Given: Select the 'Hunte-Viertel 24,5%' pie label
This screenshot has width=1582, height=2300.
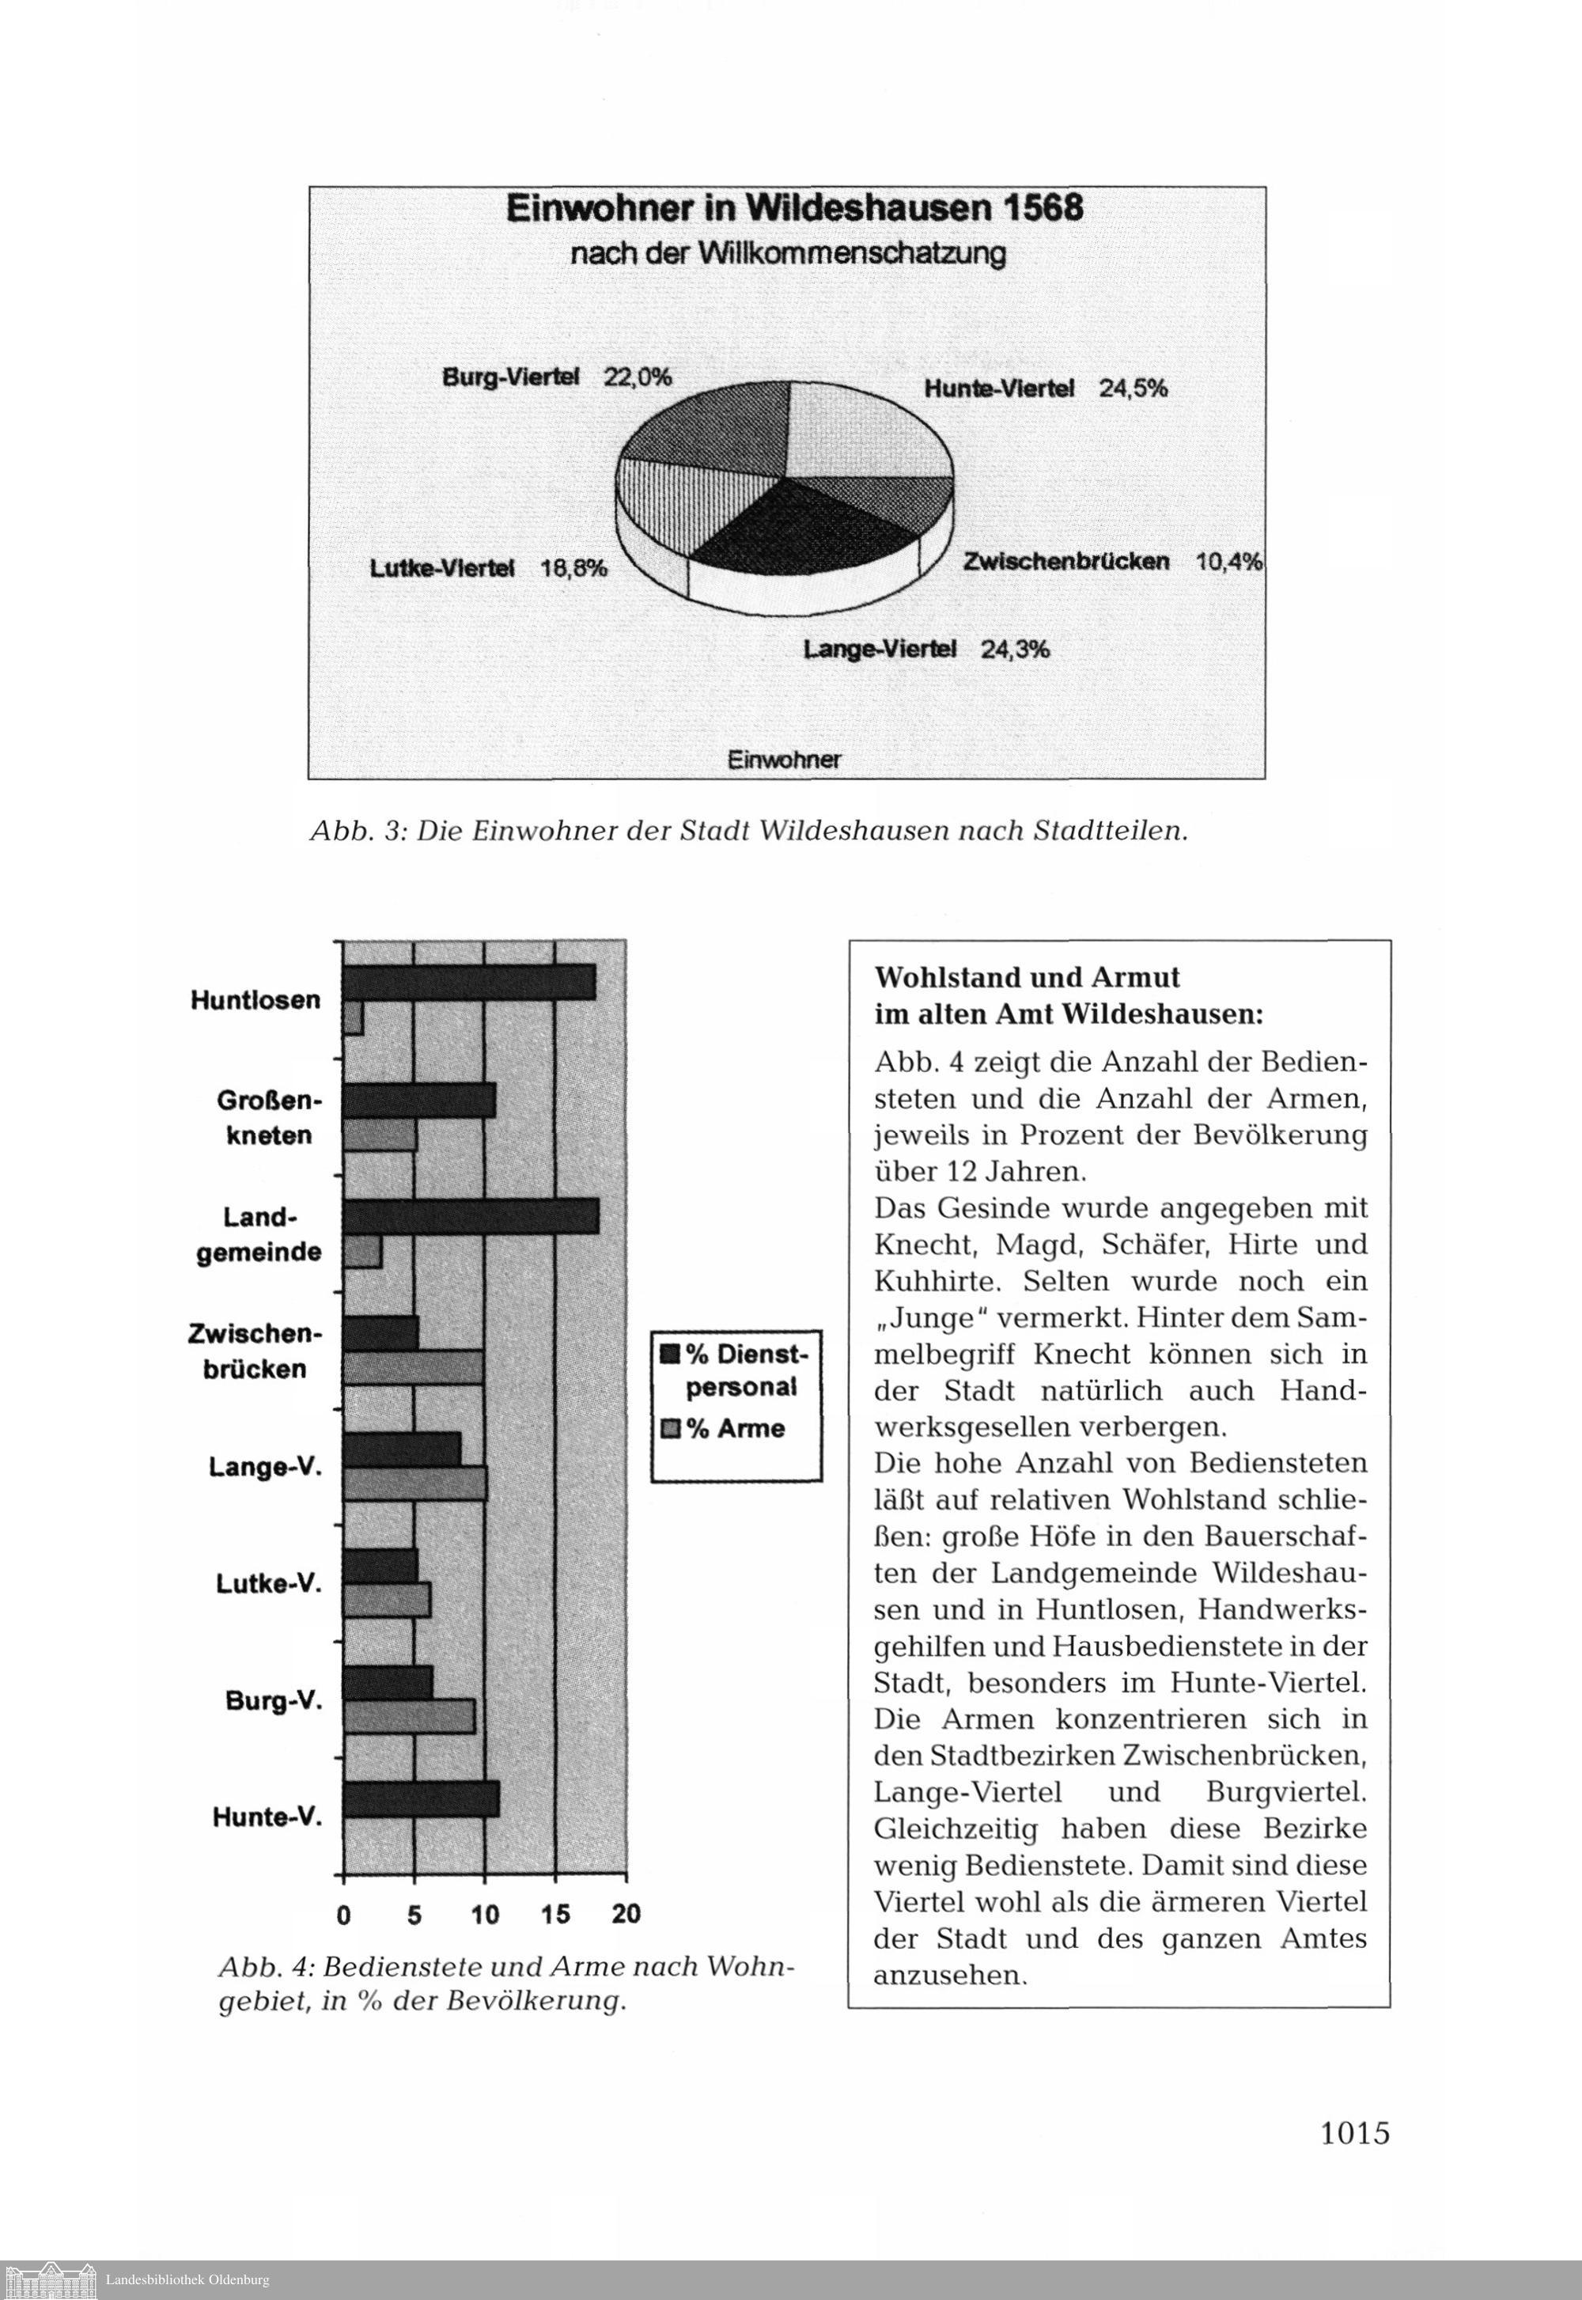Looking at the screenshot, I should coord(1046,388).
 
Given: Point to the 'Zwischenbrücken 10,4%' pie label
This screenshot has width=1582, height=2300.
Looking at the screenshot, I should coord(1112,561).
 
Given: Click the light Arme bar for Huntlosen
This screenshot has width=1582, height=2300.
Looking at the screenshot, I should coord(353,1018).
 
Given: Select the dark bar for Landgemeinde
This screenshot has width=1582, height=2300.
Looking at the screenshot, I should coord(471,1216).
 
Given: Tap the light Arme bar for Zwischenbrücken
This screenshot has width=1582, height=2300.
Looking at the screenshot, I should coord(414,1368).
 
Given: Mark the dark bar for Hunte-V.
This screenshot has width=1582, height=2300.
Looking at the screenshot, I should coord(422,1799).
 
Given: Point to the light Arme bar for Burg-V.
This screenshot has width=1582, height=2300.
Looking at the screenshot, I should coord(410,1717).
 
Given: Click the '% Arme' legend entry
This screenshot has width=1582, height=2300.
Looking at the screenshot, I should coord(735,1429).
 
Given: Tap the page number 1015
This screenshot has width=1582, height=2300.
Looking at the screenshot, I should coord(1355,2132).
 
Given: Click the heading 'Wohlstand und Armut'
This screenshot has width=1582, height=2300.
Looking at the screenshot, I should coord(1027,977).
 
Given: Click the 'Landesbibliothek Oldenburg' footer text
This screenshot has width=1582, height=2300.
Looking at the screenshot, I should coord(187,2280).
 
